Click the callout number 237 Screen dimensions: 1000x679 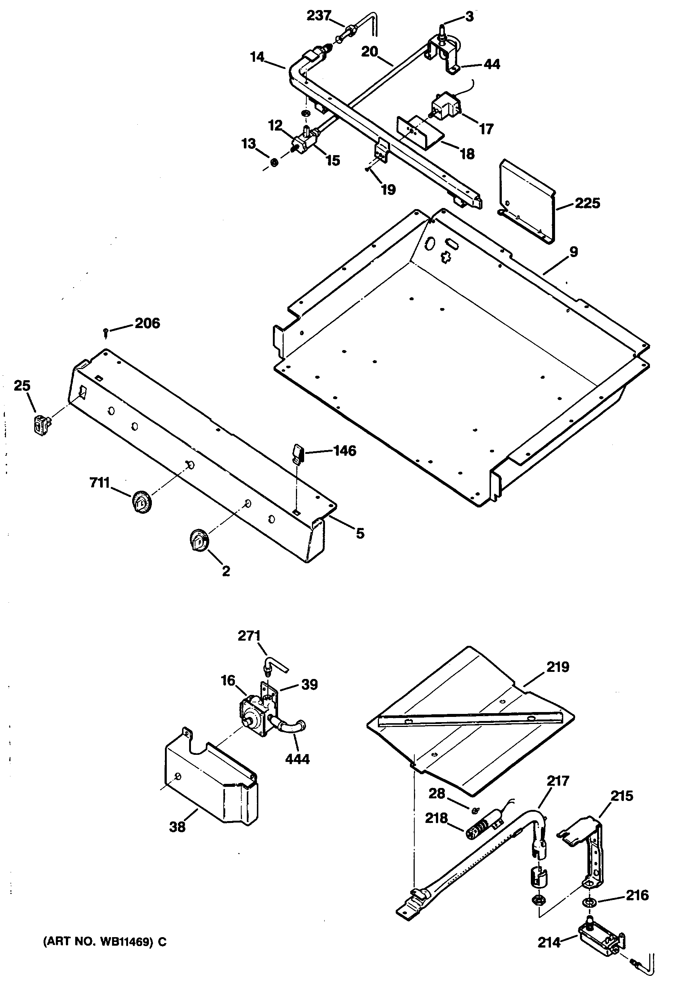pos(318,16)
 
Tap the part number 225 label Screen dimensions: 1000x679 pos(587,203)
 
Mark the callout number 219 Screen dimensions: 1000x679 pos(558,667)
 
